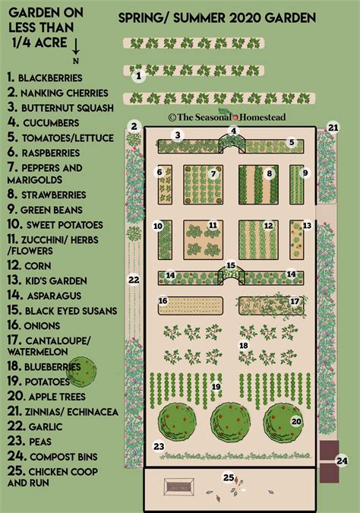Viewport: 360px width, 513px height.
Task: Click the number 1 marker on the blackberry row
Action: [137, 75]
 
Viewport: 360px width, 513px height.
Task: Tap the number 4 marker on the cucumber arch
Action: [235, 131]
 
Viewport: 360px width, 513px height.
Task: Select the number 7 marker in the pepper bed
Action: [213, 173]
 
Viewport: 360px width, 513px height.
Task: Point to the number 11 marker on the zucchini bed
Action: [213, 225]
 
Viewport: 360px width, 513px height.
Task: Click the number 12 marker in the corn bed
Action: [268, 226]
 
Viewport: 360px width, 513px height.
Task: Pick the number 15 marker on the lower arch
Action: [231, 267]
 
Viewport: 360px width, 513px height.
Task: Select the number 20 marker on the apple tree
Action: [296, 420]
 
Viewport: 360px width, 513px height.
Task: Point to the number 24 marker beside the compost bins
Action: [343, 460]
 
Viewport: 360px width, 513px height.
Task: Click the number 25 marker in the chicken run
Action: [227, 477]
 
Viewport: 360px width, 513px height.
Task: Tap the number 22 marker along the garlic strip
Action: [134, 280]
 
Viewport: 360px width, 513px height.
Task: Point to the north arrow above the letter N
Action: [75, 46]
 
